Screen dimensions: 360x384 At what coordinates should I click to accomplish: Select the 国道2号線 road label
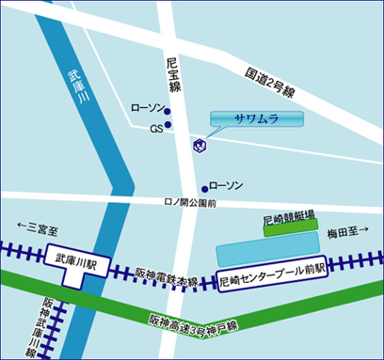click(271, 83)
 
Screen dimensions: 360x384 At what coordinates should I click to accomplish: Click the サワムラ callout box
click(256, 119)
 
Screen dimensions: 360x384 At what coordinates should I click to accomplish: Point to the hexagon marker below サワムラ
click(199, 145)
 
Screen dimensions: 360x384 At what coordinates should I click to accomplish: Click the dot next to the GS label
click(168, 125)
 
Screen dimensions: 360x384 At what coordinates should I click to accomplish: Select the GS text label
click(155, 128)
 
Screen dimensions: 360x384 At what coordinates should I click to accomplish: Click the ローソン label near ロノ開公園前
click(226, 186)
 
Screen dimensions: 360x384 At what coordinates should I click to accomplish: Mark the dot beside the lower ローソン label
click(204, 188)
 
